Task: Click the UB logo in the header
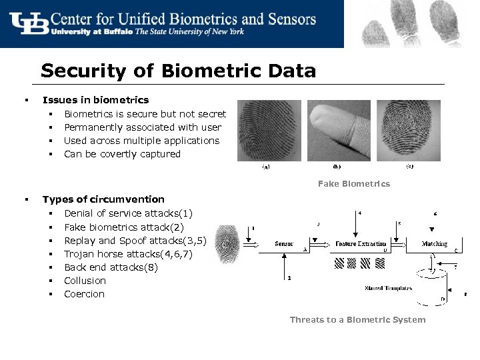[29, 23]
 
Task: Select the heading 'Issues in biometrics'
[95, 100]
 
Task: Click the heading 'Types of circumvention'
[103, 199]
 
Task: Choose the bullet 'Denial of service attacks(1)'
[128, 213]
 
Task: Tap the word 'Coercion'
[84, 294]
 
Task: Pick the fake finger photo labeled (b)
[338, 131]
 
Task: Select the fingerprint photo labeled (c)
[409, 131]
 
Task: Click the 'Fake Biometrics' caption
[354, 183]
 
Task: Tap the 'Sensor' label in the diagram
[284, 244]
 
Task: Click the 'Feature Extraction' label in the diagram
[361, 244]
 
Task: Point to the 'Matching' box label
[434, 244]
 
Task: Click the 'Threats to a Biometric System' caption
[357, 320]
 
